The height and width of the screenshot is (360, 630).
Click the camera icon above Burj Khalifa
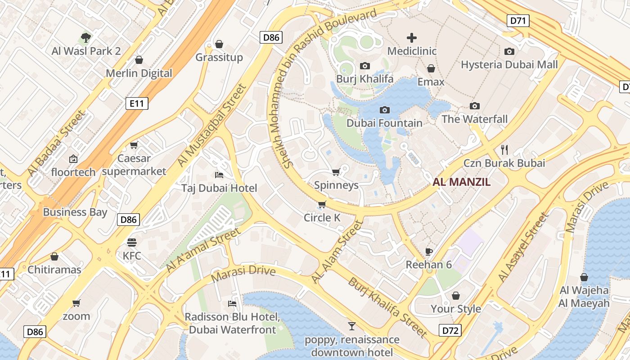365,66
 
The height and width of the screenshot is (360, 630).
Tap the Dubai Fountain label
384,123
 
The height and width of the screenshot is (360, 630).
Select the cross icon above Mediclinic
412,38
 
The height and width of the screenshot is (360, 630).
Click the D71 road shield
518,20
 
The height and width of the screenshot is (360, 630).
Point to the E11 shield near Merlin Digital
137,103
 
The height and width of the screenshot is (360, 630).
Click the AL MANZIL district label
461,182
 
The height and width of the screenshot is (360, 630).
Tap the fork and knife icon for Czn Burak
504,149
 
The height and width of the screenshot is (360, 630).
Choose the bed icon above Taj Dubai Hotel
219,175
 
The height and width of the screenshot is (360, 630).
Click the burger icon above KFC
132,243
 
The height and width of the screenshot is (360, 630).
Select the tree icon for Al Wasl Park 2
86,37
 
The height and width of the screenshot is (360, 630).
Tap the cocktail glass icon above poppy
352,326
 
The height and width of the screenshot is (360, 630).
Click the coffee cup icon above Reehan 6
429,251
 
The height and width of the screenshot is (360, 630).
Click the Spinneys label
336,185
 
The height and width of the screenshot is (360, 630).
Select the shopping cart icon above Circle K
322,205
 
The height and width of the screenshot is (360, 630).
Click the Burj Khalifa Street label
387,307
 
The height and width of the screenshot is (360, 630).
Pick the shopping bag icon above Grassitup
219,44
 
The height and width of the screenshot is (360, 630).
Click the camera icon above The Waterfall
474,106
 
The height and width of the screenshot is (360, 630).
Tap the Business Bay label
75,212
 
